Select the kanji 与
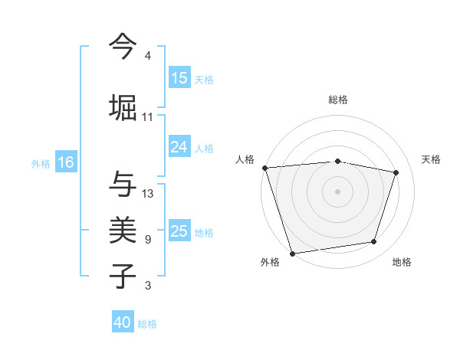click(123, 184)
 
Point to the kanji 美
click(123, 229)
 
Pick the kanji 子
click(123, 276)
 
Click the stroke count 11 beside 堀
click(148, 117)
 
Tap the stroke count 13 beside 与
click(148, 194)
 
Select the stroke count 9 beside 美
click(148, 240)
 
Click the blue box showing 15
click(179, 78)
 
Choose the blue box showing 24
click(179, 147)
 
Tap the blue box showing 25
click(179, 231)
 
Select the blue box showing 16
click(66, 162)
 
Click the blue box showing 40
click(123, 322)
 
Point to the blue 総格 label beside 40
click(148, 324)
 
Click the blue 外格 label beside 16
click(41, 163)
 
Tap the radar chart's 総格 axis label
click(338, 100)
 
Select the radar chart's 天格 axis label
click(432, 159)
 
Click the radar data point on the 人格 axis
click(264, 168)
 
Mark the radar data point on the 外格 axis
click(292, 253)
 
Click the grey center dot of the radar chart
click(338, 191)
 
